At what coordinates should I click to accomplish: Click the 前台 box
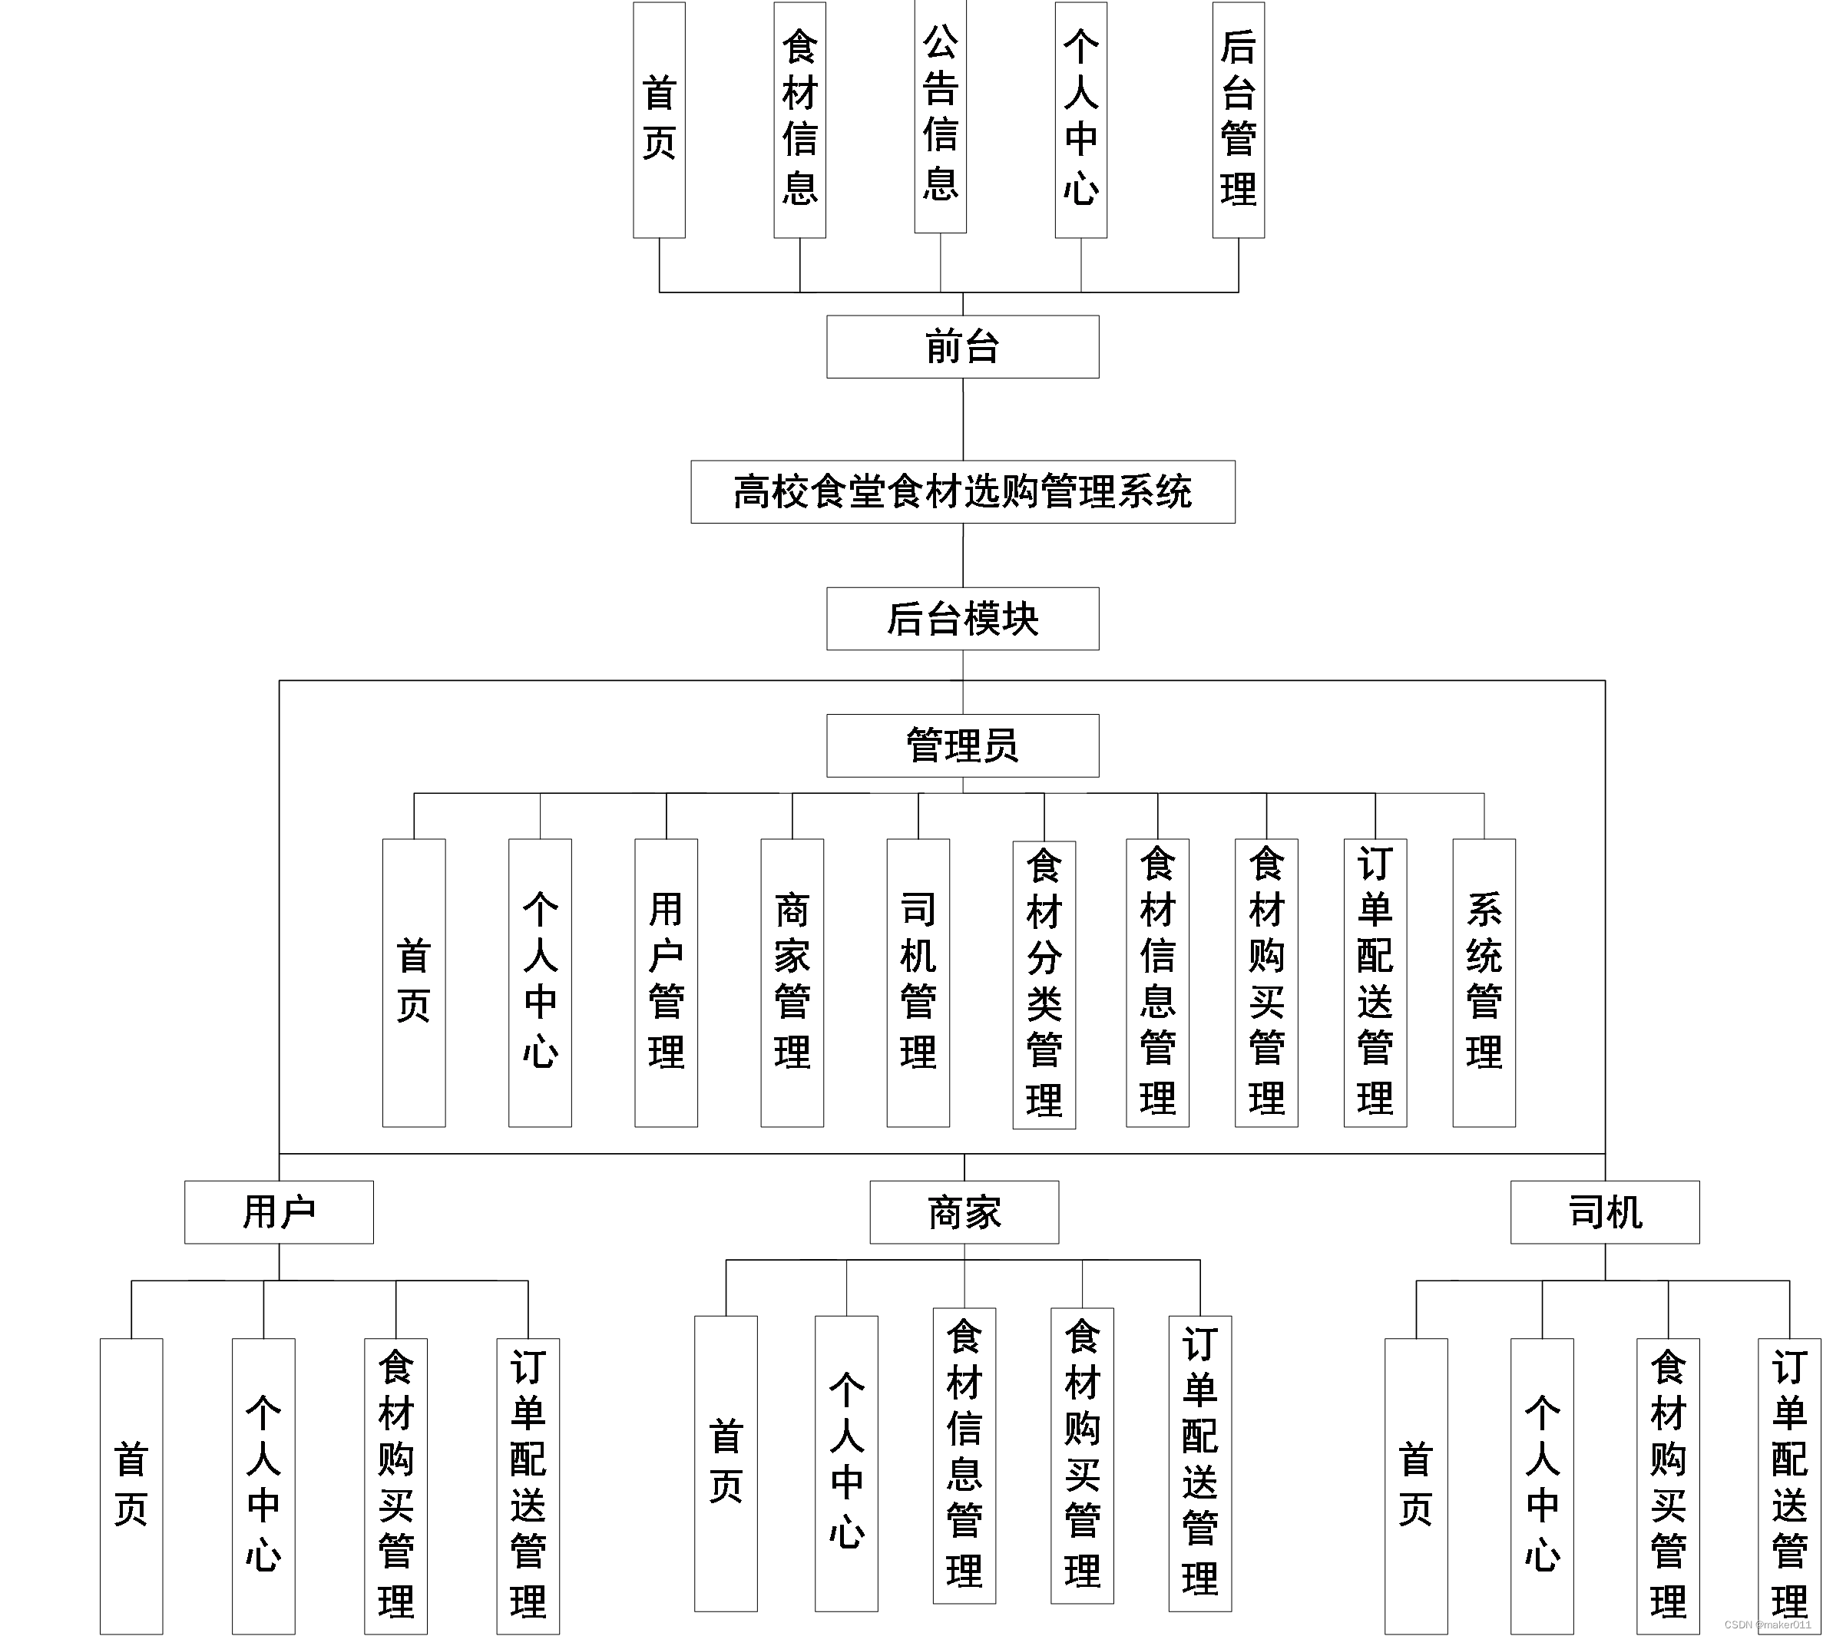pos(962,346)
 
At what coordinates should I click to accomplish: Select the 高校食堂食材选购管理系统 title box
pos(962,491)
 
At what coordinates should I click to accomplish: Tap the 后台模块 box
pos(962,619)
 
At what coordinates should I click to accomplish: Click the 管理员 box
pos(962,745)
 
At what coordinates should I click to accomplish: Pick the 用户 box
pos(279,1211)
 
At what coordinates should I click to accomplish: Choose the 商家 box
pos(964,1211)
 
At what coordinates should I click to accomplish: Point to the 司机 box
pos(1605,1211)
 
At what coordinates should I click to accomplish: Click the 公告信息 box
pos(940,117)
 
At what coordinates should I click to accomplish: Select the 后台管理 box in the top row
pos(1238,120)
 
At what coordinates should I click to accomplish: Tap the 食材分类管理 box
pos(1044,984)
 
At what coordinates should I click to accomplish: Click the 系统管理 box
pos(1484,983)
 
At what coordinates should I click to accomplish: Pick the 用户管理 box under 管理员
pos(666,983)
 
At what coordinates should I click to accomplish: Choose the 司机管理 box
pos(918,983)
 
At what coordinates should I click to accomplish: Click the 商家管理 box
pos(792,983)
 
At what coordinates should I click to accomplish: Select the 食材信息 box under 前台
pos(799,120)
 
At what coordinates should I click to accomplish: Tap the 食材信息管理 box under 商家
pos(964,1456)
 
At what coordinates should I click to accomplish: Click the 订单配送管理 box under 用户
pos(528,1486)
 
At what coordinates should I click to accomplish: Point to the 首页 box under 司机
pos(1416,1486)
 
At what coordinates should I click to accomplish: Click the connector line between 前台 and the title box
pos(963,419)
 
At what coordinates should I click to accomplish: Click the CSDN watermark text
pos(1767,1624)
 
